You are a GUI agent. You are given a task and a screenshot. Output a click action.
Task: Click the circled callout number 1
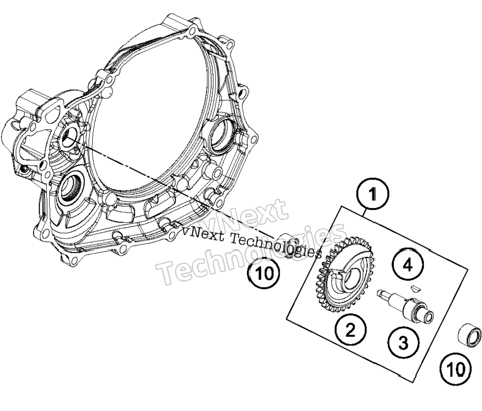pyautogui.click(x=372, y=194)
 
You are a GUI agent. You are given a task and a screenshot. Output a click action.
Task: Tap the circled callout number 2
pyautogui.click(x=350, y=330)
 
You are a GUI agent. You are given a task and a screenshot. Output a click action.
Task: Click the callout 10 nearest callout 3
pyautogui.click(x=455, y=369)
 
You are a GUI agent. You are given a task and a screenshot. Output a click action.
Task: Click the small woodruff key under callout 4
pyautogui.click(x=415, y=288)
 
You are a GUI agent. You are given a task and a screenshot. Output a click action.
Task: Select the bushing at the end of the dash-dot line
pyautogui.click(x=286, y=245)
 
